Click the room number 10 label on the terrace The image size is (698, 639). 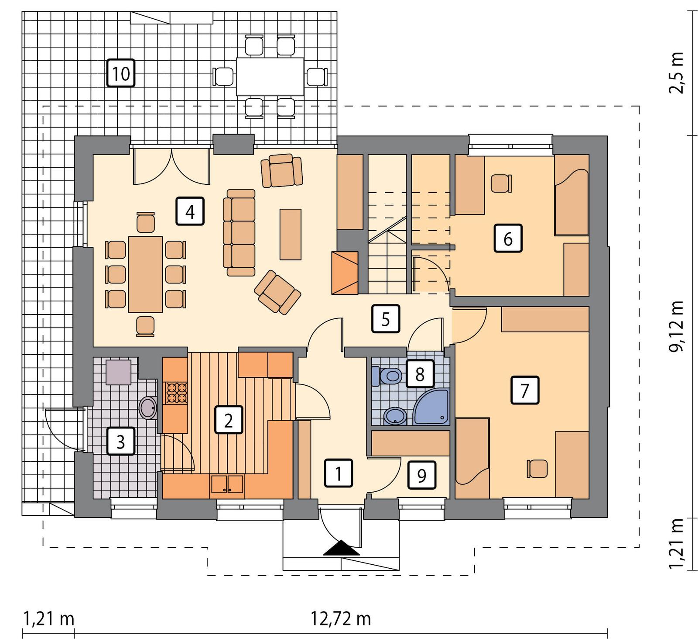[x=121, y=73]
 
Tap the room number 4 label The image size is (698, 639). [x=190, y=212]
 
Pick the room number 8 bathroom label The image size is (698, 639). [x=420, y=374]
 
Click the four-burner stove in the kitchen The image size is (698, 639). [x=176, y=392]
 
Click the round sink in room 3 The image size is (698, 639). [x=148, y=408]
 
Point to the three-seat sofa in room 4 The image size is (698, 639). [x=239, y=232]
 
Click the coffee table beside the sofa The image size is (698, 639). [x=291, y=234]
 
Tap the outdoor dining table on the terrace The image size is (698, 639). [x=270, y=76]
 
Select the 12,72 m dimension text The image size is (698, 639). [x=341, y=618]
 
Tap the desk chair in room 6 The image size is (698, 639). [x=500, y=183]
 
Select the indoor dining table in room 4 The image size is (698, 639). [x=145, y=274]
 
